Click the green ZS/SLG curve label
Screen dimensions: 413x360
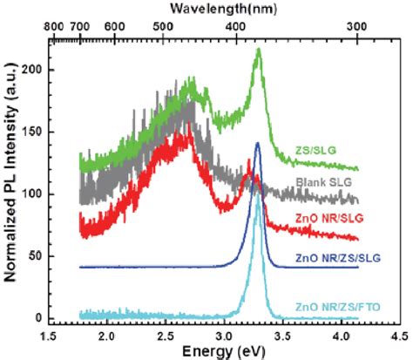click(x=315, y=150)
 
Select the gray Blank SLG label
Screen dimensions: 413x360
click(x=323, y=182)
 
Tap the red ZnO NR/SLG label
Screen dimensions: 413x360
click(x=329, y=218)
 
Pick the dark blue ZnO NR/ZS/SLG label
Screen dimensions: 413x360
click(x=338, y=258)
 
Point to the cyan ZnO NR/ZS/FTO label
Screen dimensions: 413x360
click(x=338, y=307)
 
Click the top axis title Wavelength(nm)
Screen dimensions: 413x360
click(x=223, y=9)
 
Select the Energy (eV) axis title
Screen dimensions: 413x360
click(x=224, y=351)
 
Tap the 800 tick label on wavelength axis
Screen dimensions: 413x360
click(x=54, y=26)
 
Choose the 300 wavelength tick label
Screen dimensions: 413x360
click(x=357, y=26)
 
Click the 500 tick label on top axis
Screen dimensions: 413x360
click(x=163, y=26)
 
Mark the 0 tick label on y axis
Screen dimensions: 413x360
click(x=40, y=318)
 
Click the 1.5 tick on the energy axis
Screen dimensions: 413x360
click(x=48, y=337)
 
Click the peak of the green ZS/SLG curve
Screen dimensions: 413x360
click(x=259, y=49)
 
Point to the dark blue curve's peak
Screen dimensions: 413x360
click(x=257, y=143)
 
